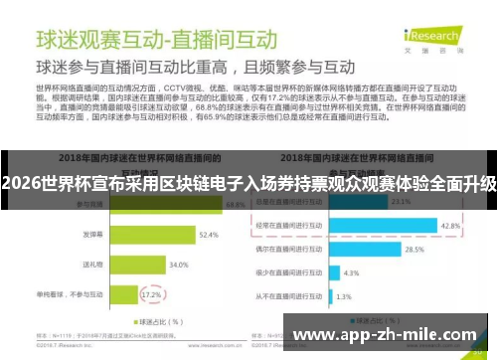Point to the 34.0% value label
[178, 266]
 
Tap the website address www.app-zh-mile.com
[390, 335]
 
